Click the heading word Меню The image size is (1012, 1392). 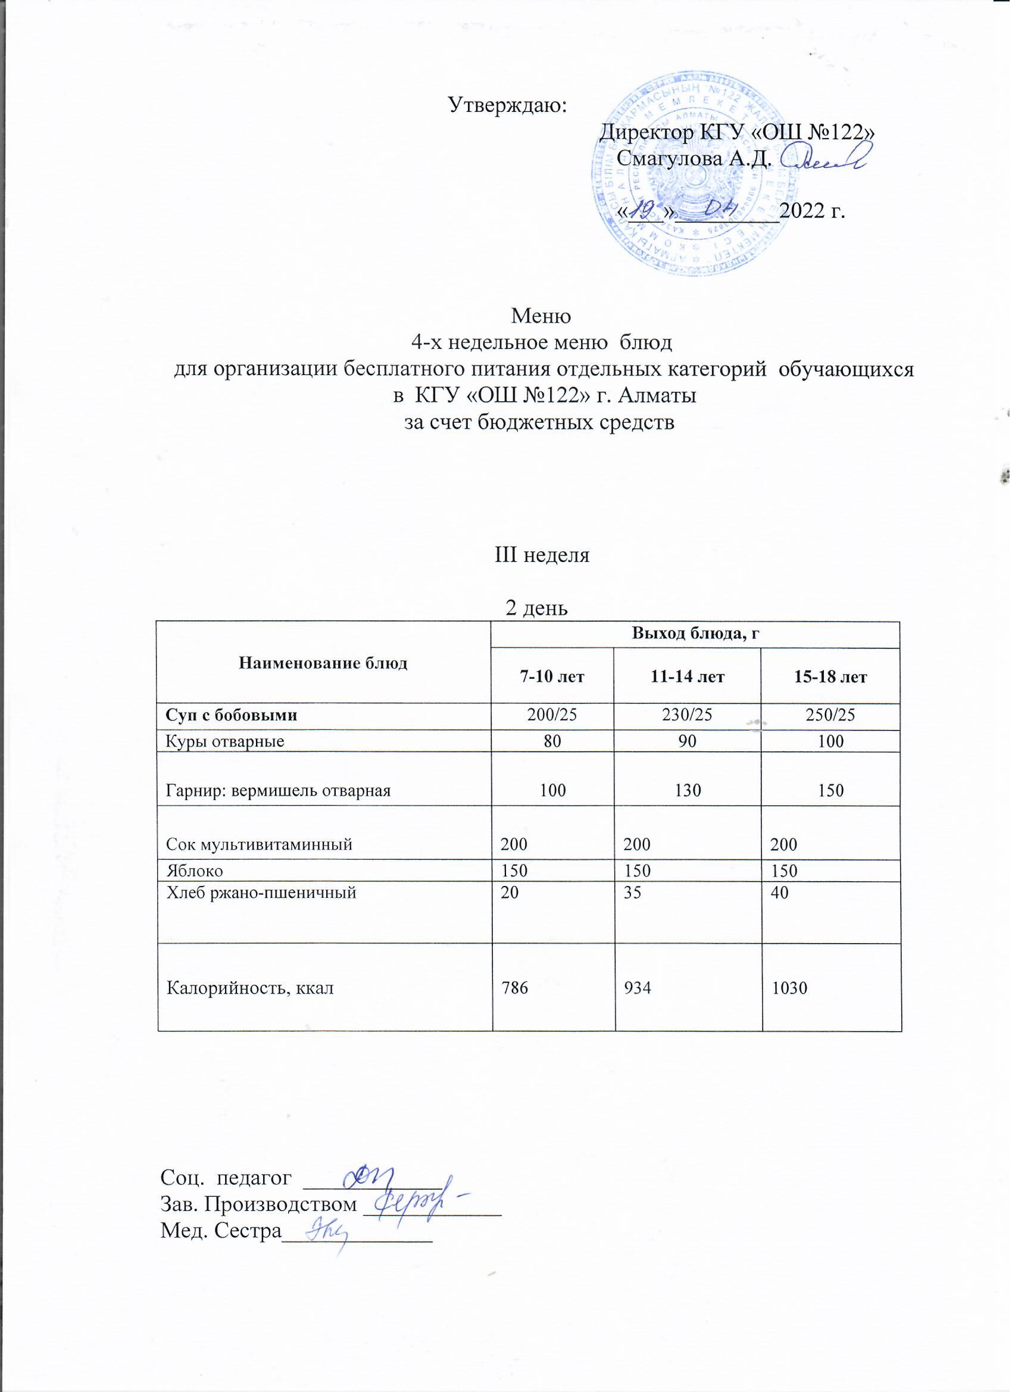coord(541,316)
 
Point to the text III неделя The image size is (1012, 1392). coord(542,555)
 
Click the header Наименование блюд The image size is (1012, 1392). coord(323,663)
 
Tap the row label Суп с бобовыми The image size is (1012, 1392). coord(232,715)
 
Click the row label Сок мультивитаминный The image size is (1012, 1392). coord(259,844)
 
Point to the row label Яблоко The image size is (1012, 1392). coord(195,870)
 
